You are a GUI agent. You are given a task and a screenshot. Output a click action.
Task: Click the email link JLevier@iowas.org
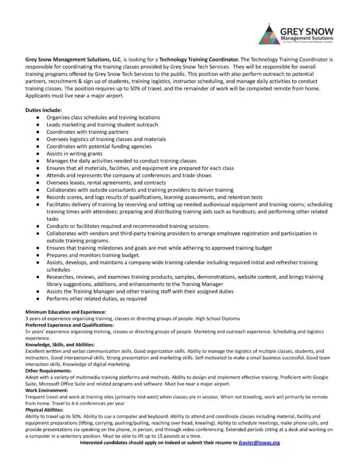click(259, 442)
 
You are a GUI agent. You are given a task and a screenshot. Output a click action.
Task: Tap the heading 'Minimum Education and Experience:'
click(66, 312)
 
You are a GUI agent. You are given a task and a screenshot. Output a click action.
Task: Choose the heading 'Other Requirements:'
click(48, 371)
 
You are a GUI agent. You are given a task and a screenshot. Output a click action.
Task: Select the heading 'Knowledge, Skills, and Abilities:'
click(60, 345)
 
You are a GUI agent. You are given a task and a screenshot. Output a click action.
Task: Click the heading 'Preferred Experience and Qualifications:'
click(70, 325)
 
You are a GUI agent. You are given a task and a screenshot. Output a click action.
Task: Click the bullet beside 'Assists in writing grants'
click(37, 154)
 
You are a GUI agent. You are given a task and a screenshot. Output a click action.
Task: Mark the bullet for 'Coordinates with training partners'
click(37, 132)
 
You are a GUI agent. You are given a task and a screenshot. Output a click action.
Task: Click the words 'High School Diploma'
click(218, 318)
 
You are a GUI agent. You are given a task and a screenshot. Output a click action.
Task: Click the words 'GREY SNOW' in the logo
click(307, 31)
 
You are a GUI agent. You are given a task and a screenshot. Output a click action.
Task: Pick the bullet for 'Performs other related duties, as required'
click(37, 299)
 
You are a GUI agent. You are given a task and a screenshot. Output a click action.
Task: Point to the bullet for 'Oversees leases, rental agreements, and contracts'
click(37, 183)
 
